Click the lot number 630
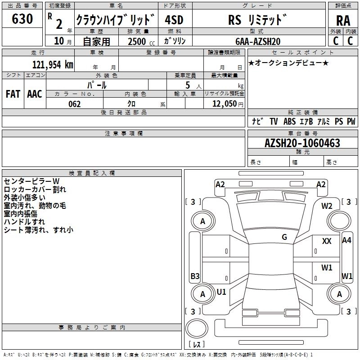pyautogui.click(x=22, y=18)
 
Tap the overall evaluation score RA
pyautogui.click(x=343, y=21)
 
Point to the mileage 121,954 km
pyautogui.click(x=53, y=65)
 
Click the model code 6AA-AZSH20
pyautogui.click(x=258, y=41)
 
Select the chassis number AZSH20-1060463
pyautogui.click(x=302, y=143)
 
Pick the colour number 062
pyautogui.click(x=75, y=104)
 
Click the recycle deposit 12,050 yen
pyautogui.click(x=228, y=104)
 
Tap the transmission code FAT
pyautogui.click(x=13, y=94)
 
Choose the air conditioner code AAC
pyautogui.click(x=35, y=94)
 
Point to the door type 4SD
pyautogui.click(x=174, y=20)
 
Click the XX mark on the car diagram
pyautogui.click(x=327, y=241)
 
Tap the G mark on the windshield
pyautogui.click(x=284, y=237)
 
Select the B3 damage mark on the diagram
pyautogui.click(x=195, y=276)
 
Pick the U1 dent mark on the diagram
pyautogui.click(x=221, y=292)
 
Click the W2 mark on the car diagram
pyautogui.click(x=327, y=206)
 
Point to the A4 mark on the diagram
pyautogui.click(x=346, y=240)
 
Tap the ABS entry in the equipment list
pyautogui.click(x=289, y=121)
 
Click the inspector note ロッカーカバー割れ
pyautogui.click(x=35, y=189)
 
